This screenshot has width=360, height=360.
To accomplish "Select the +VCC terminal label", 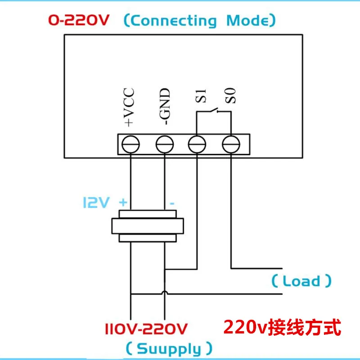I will click(x=130, y=108).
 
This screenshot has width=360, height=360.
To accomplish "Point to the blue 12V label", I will click(x=95, y=203).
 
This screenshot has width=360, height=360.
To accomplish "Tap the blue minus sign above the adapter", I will click(x=171, y=203).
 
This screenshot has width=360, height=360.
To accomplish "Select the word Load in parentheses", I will click(x=301, y=281).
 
